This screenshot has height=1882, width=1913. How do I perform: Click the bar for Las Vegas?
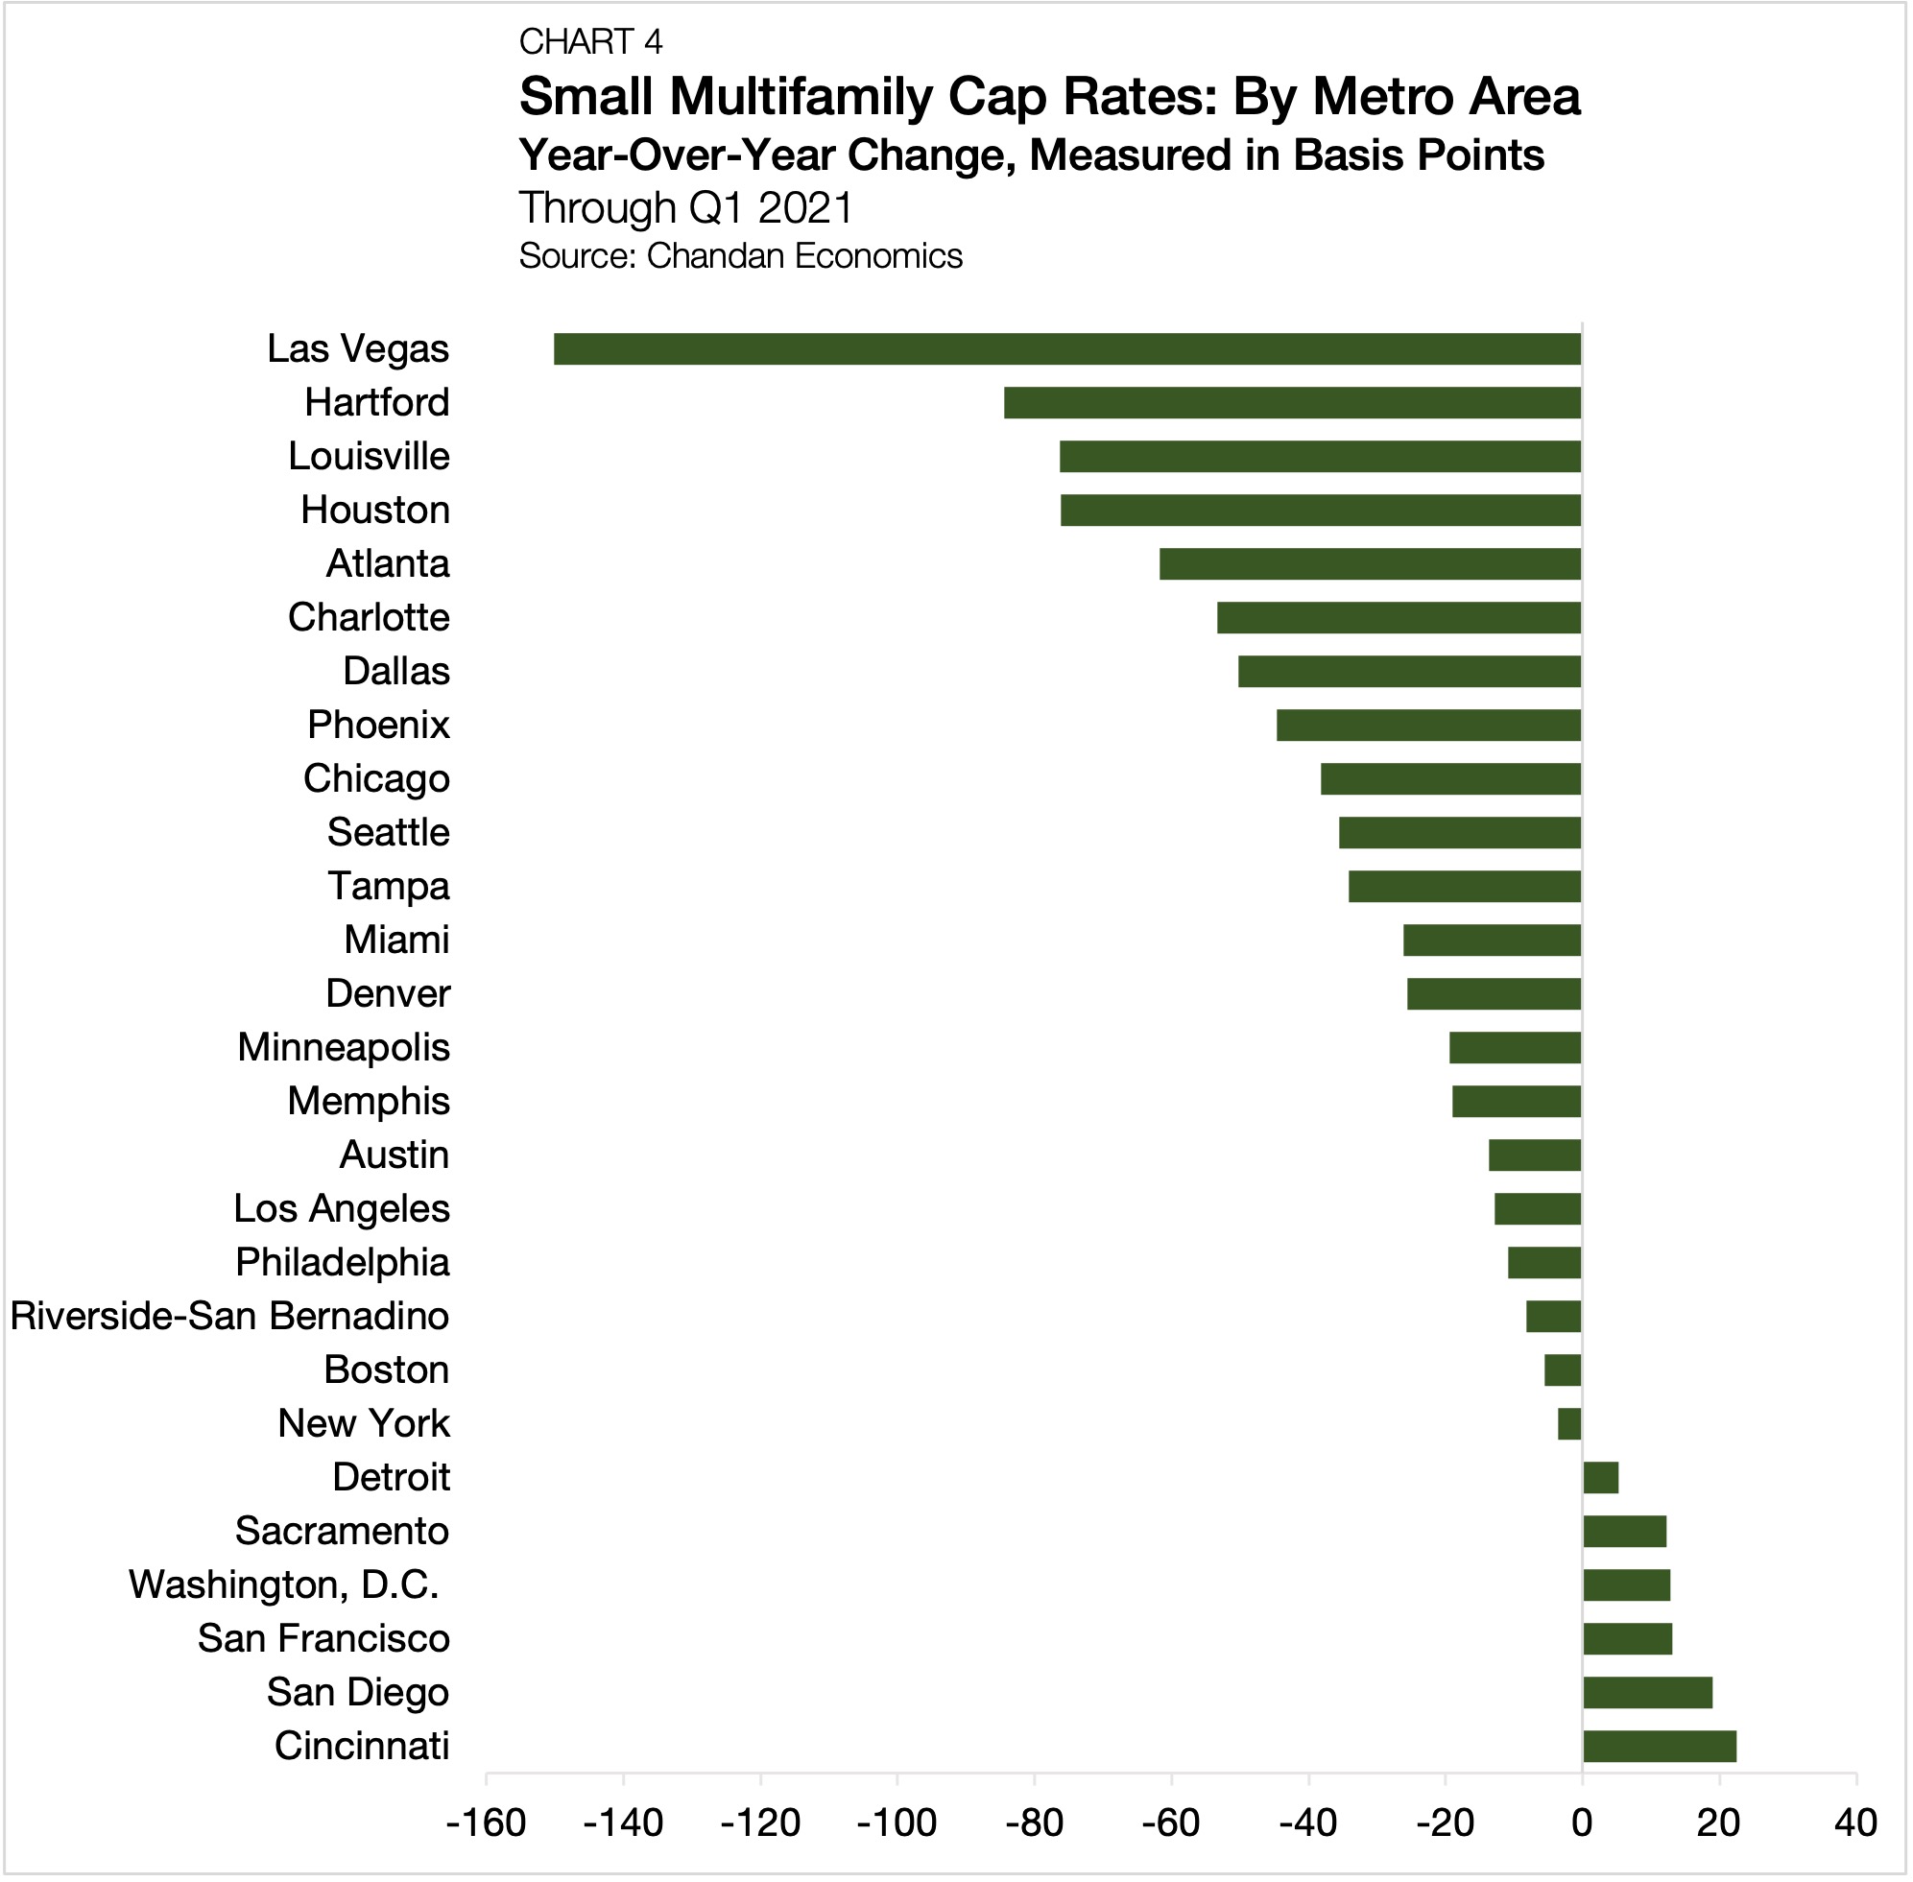pyautogui.click(x=1067, y=349)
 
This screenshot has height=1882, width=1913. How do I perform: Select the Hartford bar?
pyautogui.click(x=1292, y=403)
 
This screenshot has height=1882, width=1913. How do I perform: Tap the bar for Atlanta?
pyautogui.click(x=1371, y=563)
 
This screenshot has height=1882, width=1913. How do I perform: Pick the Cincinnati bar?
pyautogui.click(x=1660, y=1747)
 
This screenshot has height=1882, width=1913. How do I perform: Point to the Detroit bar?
pyautogui.click(x=1601, y=1478)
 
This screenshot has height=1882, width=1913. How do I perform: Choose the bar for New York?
pyautogui.click(x=1570, y=1424)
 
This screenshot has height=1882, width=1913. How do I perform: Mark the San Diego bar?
pyautogui.click(x=1648, y=1693)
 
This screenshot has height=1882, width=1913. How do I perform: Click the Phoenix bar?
pyautogui.click(x=1428, y=726)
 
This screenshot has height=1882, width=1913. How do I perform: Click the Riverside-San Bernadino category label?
pyautogui.click(x=229, y=1317)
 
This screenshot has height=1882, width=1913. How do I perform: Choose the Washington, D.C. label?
pyautogui.click(x=284, y=1585)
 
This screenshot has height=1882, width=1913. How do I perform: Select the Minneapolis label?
pyautogui.click(x=344, y=1048)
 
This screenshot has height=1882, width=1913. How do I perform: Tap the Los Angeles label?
pyautogui.click(x=342, y=1209)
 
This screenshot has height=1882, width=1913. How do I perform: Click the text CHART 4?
pyautogui.click(x=590, y=41)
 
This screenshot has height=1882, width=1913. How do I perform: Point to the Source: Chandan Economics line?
pyautogui.click(x=740, y=256)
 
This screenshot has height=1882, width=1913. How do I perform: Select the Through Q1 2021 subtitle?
pyautogui.click(x=686, y=207)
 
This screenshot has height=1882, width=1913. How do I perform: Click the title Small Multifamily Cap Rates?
pyautogui.click(x=1049, y=97)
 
